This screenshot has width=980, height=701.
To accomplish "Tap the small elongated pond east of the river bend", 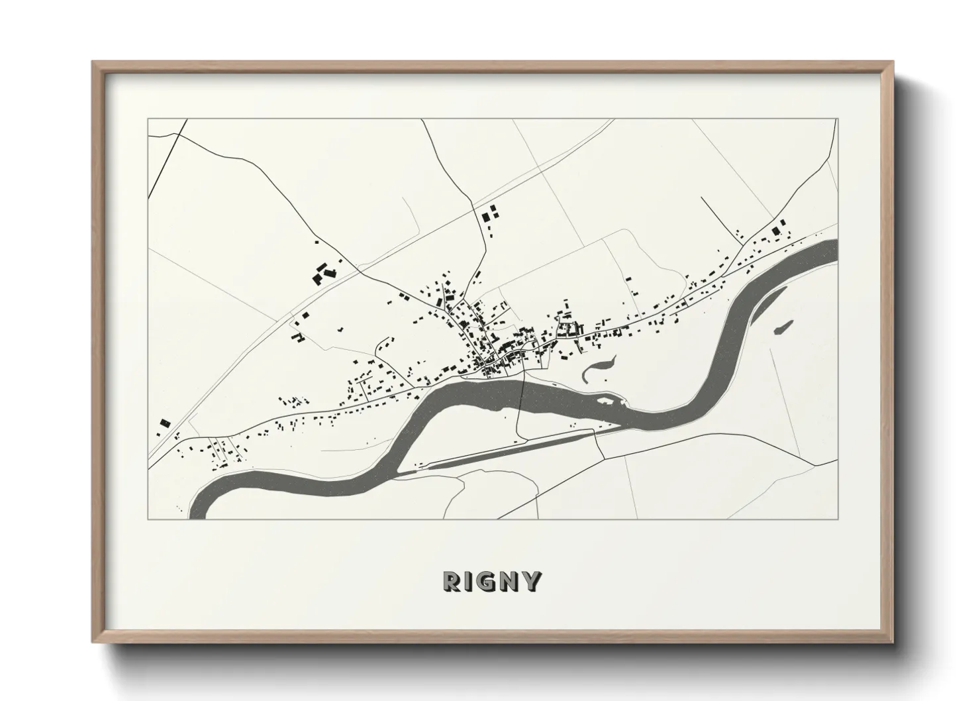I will [x=783, y=327].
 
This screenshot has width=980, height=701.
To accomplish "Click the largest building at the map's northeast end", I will [x=776, y=231].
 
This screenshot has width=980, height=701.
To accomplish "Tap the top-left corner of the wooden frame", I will [x=93, y=63].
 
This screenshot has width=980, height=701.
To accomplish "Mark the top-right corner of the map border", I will [x=838, y=119].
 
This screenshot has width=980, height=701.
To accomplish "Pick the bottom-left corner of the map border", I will [x=148, y=519].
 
